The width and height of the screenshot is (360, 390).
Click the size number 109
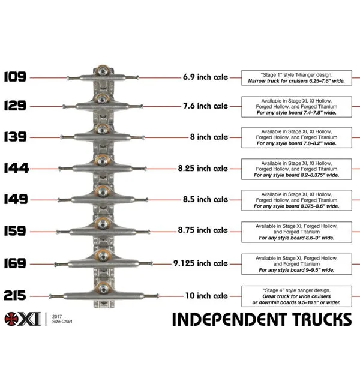(15, 77)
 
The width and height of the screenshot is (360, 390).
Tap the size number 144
(16, 168)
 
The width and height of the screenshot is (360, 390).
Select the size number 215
(15, 295)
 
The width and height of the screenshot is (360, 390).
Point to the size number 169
(15, 263)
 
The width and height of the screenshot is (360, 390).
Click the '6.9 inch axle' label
(206, 77)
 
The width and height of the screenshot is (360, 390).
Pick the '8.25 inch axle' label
(203, 168)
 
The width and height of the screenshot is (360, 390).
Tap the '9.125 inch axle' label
(200, 263)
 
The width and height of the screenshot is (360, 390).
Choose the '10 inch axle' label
(206, 295)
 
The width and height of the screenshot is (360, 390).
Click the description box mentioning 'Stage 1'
(296, 78)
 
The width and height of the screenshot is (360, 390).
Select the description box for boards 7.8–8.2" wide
(296, 137)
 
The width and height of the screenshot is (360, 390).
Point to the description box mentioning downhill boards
(296, 296)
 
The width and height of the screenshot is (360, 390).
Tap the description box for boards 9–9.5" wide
(296, 264)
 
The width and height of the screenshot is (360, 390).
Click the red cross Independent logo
(11, 319)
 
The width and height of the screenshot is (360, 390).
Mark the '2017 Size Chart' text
(62, 319)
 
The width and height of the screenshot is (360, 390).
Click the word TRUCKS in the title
(322, 319)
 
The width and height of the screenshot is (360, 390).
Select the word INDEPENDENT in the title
(230, 319)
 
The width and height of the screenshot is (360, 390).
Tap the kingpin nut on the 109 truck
(102, 71)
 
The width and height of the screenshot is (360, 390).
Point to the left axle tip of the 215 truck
(50, 296)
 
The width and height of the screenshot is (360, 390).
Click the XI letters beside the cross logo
(30, 319)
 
